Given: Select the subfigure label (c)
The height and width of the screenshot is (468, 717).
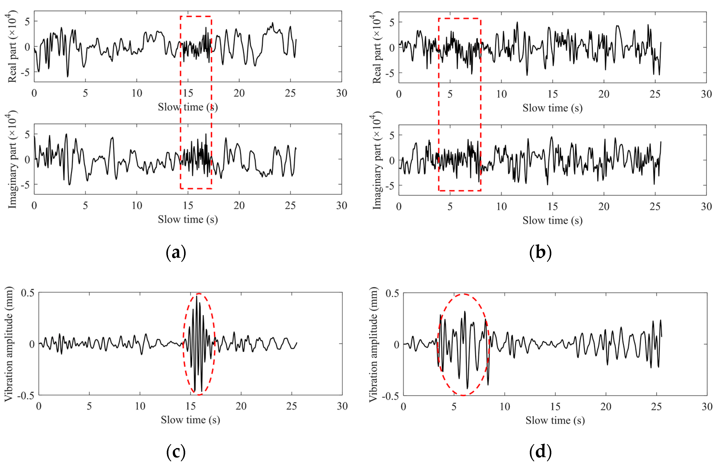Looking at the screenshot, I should click(x=176, y=452).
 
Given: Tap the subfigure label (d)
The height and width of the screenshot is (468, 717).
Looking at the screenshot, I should click(x=540, y=452).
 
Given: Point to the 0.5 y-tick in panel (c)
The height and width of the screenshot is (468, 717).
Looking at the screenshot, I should click(x=28, y=293).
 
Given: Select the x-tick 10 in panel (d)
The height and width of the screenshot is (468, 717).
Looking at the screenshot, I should click(x=505, y=407).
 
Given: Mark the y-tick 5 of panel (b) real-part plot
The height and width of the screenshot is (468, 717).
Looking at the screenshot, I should click(x=392, y=22).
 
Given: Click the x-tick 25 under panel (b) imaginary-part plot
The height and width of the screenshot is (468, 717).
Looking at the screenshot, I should click(x=655, y=207).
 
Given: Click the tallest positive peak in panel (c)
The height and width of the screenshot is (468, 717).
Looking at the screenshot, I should click(x=197, y=297).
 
